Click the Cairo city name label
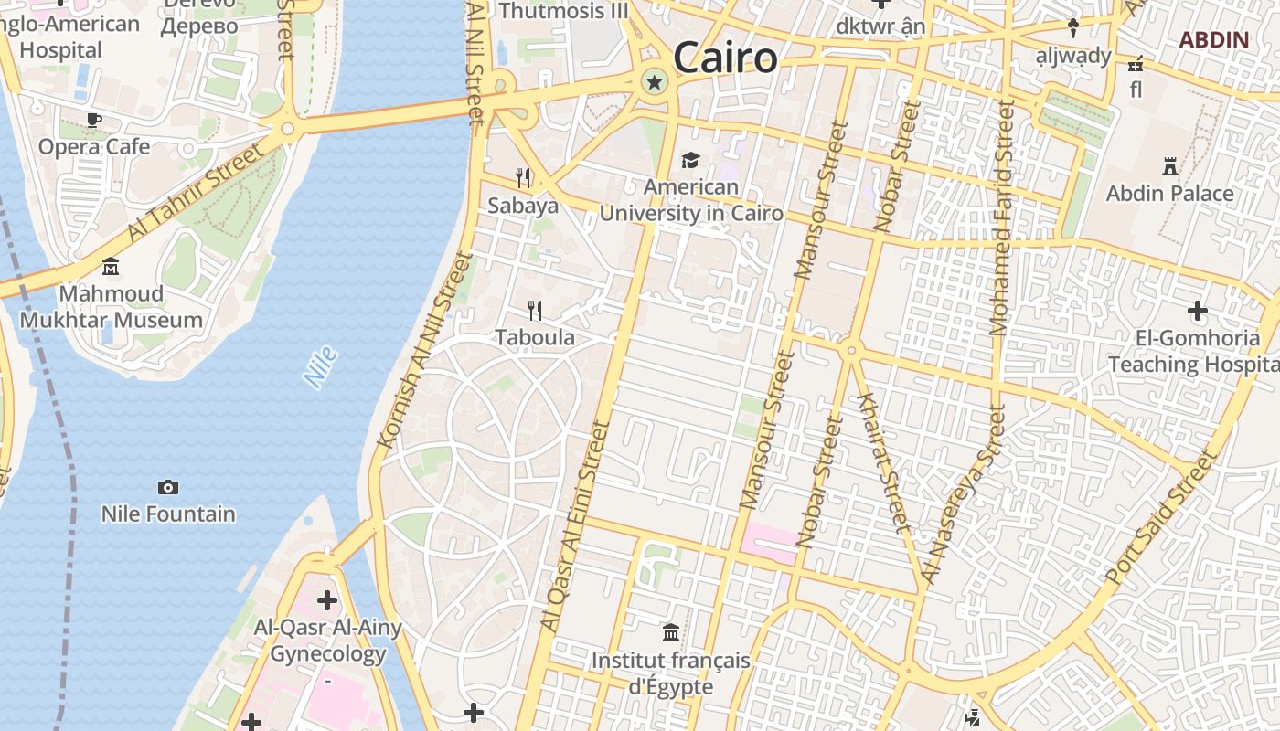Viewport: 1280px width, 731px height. coord(725,58)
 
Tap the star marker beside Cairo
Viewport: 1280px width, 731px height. coord(654,83)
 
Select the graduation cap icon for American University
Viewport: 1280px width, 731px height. coord(690,161)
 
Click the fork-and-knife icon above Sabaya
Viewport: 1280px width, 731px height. coord(523,176)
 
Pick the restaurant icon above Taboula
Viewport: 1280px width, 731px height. coord(535,311)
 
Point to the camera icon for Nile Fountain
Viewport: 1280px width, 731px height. coord(167,487)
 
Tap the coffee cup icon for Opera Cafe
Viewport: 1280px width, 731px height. coord(93,119)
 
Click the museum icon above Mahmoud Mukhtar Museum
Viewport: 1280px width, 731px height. coord(111,266)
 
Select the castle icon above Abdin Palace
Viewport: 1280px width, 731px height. coord(1169,165)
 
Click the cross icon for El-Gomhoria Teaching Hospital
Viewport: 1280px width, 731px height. coord(1197,311)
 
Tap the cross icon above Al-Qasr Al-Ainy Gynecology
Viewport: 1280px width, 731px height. coord(326,600)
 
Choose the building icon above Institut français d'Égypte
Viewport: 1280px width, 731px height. coord(671,632)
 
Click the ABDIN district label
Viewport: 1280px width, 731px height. coord(1213,40)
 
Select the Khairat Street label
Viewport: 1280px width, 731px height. coord(884,462)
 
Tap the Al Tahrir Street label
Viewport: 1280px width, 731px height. coord(196,191)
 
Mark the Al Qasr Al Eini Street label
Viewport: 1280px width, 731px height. coord(575,526)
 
